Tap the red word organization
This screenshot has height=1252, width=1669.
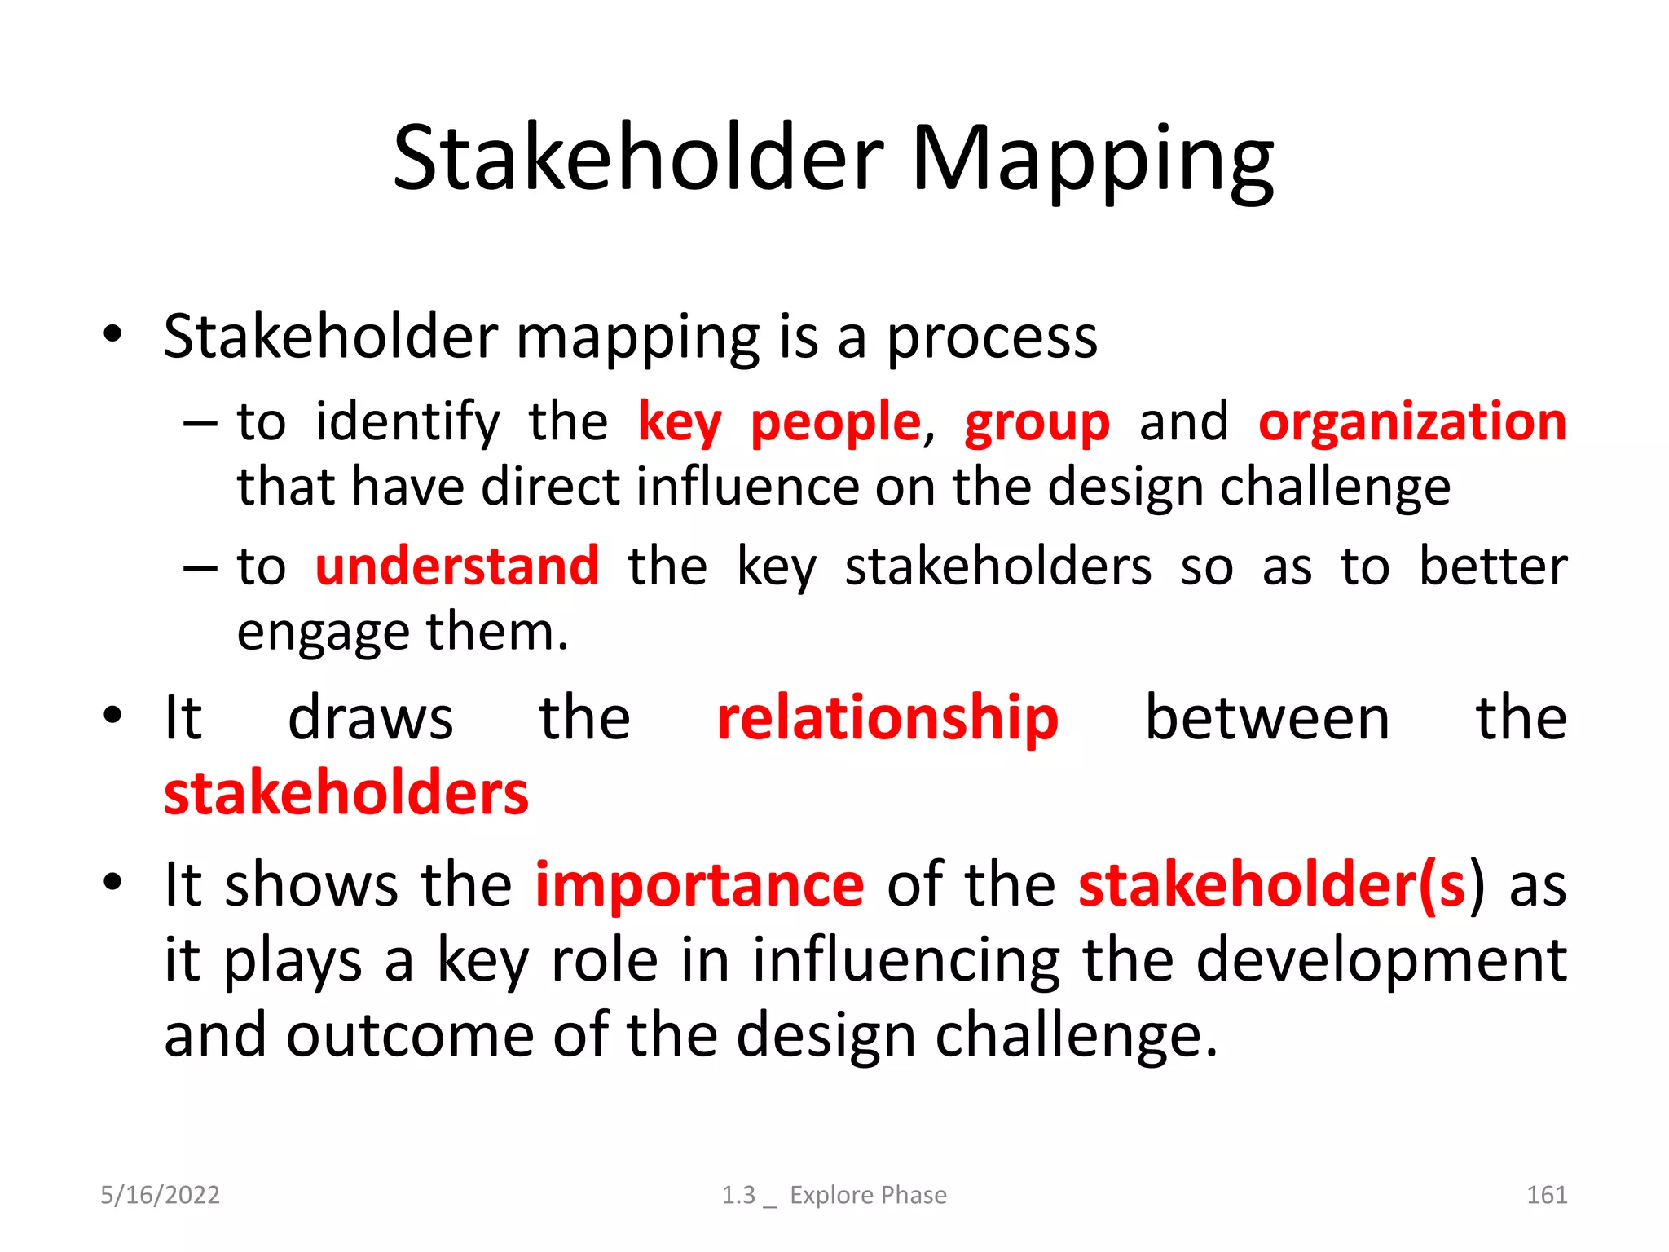point(1412,422)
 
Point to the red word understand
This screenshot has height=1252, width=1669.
point(456,566)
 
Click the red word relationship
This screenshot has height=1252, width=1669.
point(887,718)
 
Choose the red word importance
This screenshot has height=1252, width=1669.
point(699,884)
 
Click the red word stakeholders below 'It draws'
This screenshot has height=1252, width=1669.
point(346,793)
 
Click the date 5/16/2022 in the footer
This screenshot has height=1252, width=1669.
point(160,1195)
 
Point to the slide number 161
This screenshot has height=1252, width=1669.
point(1546,1195)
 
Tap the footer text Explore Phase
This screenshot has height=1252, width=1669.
point(868,1195)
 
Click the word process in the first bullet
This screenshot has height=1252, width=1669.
point(992,338)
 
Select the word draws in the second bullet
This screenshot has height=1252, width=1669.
point(370,718)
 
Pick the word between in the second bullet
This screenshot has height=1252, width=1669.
point(1267,718)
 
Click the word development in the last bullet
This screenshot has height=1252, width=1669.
point(1381,960)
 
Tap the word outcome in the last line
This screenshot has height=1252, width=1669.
point(410,1035)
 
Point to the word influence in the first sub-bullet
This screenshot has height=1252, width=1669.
point(747,487)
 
